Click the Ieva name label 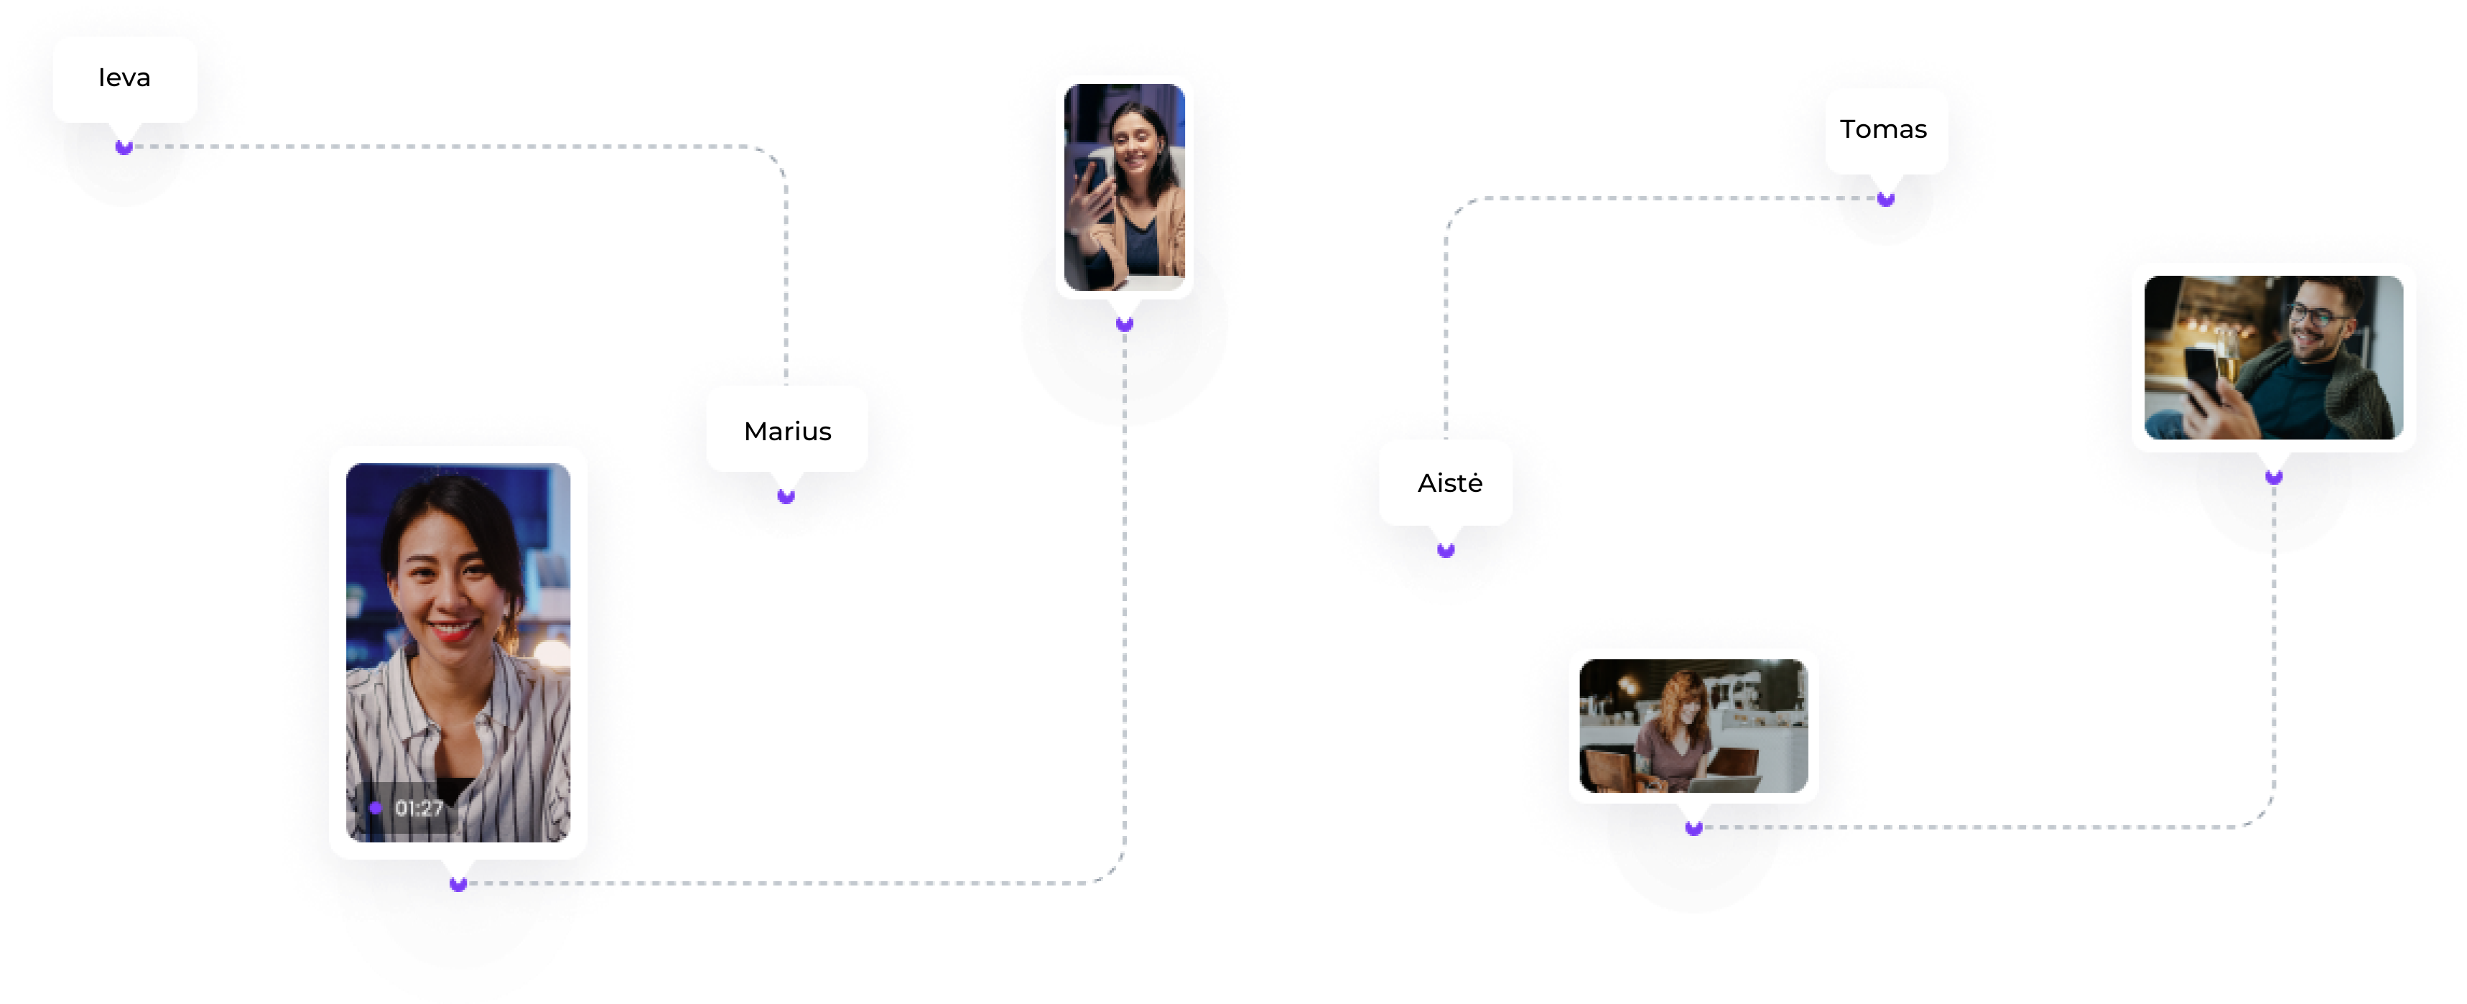pos(124,78)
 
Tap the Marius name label pos(787,431)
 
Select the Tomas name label pos(1883,129)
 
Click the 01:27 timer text pos(419,809)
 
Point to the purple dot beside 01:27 pos(376,809)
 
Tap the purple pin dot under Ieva pos(124,147)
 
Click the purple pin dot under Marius pos(786,496)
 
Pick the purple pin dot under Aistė pos(1446,550)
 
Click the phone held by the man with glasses pos(2202,373)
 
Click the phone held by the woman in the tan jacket pos(1089,182)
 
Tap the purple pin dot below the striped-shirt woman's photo pos(457,883)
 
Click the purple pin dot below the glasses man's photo pos(2274,476)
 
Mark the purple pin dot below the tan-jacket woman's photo pos(1124,324)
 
